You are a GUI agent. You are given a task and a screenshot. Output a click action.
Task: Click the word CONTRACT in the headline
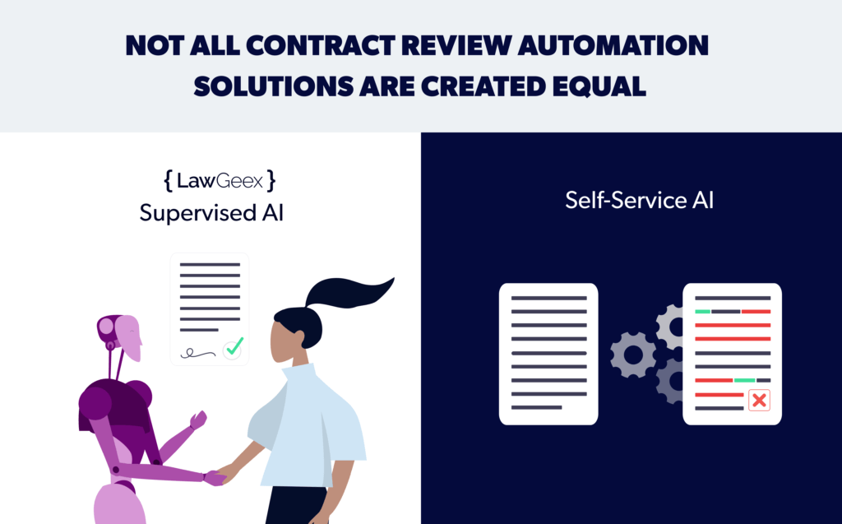pos(321,46)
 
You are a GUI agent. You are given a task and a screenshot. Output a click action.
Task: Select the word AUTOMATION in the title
pos(613,46)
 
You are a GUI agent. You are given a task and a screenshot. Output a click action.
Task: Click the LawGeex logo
pos(220,181)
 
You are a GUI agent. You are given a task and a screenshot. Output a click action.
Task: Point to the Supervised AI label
pos(211,213)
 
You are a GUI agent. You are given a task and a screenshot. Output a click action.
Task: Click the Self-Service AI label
pos(639,201)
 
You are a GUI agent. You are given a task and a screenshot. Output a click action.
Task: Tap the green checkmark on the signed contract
pos(234,347)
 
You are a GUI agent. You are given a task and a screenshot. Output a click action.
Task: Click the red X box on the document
pos(759,400)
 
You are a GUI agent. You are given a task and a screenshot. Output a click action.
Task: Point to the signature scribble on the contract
pos(197,353)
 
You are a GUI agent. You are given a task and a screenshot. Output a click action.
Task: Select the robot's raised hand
pos(198,420)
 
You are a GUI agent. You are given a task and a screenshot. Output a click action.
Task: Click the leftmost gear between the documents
pos(633,355)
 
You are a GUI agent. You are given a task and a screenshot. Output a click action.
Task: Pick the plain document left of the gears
pos(548,355)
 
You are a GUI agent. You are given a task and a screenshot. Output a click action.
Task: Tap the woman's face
pos(284,341)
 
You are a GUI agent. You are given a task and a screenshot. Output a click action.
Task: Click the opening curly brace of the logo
pos(168,181)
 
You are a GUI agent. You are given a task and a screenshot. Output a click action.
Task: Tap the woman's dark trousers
pos(296,505)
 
